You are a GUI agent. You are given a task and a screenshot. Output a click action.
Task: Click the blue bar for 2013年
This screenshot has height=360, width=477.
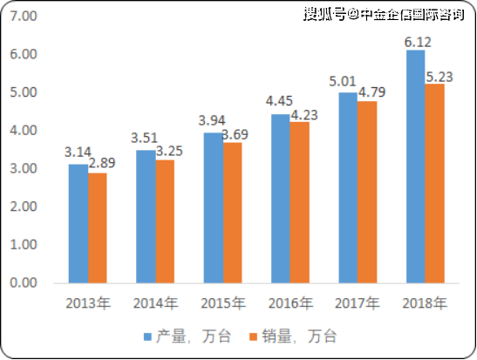click(x=78, y=224)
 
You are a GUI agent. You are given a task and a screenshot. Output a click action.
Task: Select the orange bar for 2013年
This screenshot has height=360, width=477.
click(x=98, y=228)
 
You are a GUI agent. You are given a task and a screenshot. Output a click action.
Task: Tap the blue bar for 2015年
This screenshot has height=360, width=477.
click(x=214, y=208)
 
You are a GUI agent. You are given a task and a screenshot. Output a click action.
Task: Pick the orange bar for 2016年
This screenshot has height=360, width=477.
click(x=300, y=203)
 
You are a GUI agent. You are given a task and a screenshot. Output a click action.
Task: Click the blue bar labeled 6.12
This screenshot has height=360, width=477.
click(x=416, y=166)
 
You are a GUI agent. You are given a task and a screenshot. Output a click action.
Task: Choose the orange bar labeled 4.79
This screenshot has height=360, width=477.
click(x=367, y=193)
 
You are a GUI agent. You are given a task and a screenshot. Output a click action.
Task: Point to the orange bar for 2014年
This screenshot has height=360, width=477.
click(x=165, y=222)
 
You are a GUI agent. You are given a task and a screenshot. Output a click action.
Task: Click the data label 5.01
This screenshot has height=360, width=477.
click(x=342, y=81)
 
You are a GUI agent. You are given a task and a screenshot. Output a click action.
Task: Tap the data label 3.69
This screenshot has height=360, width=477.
click(x=235, y=135)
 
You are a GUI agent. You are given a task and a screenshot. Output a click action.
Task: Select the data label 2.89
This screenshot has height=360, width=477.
click(x=102, y=163)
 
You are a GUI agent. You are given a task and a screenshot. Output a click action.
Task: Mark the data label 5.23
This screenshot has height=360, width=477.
click(x=440, y=78)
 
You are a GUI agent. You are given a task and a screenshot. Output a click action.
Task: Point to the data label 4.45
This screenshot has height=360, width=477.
click(x=279, y=101)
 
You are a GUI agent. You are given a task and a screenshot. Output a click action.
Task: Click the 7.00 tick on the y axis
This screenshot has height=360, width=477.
click(x=24, y=16)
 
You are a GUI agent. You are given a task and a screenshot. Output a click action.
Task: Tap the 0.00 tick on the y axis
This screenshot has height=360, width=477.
click(x=24, y=283)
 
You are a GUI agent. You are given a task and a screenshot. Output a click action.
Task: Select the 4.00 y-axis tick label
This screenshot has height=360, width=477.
click(x=24, y=131)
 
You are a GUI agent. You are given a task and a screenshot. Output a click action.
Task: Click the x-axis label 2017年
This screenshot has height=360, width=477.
click(x=358, y=303)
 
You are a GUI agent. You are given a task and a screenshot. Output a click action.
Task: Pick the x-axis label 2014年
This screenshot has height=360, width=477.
click(x=156, y=303)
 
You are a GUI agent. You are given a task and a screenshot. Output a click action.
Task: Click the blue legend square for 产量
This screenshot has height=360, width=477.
click(x=147, y=336)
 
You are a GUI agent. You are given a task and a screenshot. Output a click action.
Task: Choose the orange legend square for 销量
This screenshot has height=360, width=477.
click(x=253, y=336)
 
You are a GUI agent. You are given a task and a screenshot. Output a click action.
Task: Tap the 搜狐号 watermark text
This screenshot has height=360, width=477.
click(x=325, y=15)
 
